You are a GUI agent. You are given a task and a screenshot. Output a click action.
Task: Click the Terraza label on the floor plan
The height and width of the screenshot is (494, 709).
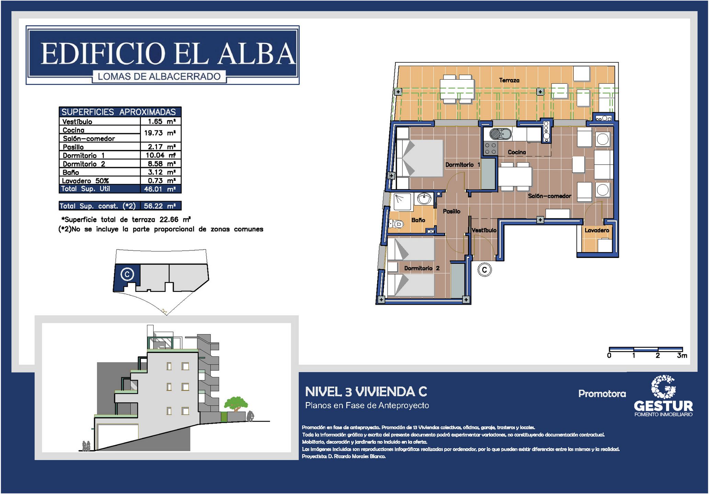pyautogui.click(x=509, y=80)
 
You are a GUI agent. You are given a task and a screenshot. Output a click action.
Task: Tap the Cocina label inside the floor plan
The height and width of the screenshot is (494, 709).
pyautogui.click(x=517, y=152)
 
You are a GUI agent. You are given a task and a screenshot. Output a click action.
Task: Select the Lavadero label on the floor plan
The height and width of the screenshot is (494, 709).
pyautogui.click(x=597, y=230)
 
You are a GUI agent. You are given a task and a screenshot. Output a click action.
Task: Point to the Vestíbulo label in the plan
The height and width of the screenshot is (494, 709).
pyautogui.click(x=484, y=230)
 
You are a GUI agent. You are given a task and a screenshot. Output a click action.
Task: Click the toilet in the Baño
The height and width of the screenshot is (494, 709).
pyautogui.click(x=396, y=224)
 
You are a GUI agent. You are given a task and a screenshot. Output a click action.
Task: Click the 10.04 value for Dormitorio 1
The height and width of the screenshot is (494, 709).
pyautogui.click(x=155, y=155)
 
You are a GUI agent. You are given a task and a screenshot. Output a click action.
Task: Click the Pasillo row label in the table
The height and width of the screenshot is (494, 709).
pyautogui.click(x=73, y=147)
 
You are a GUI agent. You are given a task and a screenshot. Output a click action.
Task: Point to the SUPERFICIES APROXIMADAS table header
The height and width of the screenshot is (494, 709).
pyautogui.click(x=119, y=112)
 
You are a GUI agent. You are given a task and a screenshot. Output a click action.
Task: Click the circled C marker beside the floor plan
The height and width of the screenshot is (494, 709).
pyautogui.click(x=484, y=270)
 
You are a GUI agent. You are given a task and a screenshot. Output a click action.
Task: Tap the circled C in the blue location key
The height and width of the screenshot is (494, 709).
pyautogui.click(x=127, y=274)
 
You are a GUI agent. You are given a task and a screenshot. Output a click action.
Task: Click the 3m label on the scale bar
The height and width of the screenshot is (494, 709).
pyautogui.click(x=682, y=355)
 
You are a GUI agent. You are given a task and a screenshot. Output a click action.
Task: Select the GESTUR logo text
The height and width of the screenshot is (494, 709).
pyautogui.click(x=663, y=406)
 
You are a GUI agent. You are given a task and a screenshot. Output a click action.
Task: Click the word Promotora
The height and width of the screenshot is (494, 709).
pyautogui.click(x=602, y=393)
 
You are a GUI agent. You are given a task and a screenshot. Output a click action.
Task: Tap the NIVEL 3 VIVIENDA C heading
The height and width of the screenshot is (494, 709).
pyautogui.click(x=366, y=391)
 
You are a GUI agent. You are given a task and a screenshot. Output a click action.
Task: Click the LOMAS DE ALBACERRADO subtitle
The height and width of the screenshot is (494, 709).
pyautogui.click(x=159, y=77)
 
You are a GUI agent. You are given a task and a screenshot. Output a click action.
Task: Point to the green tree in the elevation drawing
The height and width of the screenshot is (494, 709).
pyautogui.click(x=236, y=403)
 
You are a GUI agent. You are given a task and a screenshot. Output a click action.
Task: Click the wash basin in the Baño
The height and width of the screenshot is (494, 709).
pyautogui.click(x=424, y=198)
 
